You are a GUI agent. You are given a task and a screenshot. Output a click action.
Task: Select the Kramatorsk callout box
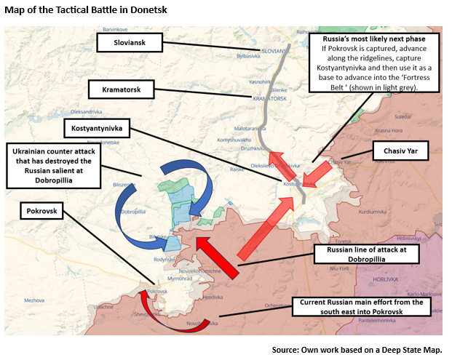(122, 90)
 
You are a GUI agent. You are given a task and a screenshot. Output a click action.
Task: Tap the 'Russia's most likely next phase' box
(375, 61)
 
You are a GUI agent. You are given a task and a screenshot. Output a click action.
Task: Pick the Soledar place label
(402, 116)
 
